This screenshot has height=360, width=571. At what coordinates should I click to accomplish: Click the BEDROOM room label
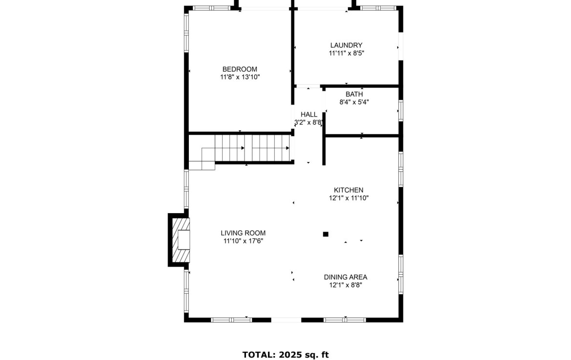(x=240, y=69)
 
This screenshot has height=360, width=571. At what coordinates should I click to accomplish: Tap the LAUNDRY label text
(x=347, y=45)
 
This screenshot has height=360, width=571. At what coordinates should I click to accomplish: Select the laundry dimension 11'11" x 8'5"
(x=347, y=53)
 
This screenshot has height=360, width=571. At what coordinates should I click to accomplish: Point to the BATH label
(x=354, y=94)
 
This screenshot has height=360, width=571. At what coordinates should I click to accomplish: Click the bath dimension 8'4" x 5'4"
(x=354, y=102)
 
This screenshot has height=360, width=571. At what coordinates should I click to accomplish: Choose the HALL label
(x=309, y=115)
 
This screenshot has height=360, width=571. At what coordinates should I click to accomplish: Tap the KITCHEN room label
(x=348, y=190)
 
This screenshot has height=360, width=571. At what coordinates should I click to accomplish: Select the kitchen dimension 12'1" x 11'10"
(x=348, y=198)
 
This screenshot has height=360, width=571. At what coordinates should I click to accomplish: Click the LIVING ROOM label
(x=243, y=233)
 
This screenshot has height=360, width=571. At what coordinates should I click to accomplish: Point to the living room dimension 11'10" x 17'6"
(x=243, y=241)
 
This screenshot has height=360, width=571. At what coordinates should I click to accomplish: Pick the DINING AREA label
(x=346, y=277)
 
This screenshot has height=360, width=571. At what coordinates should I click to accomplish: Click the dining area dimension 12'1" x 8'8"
(x=346, y=285)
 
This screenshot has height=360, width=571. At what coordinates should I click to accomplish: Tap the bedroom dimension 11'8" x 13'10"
(x=240, y=77)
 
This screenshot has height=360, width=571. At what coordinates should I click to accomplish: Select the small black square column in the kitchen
(x=326, y=234)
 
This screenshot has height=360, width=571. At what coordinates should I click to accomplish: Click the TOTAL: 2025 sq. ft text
(x=285, y=355)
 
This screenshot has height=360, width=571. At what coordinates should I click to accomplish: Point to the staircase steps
(x=254, y=148)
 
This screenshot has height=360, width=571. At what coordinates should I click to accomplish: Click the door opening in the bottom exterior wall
(x=286, y=320)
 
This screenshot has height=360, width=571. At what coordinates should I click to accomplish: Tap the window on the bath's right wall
(x=401, y=110)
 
